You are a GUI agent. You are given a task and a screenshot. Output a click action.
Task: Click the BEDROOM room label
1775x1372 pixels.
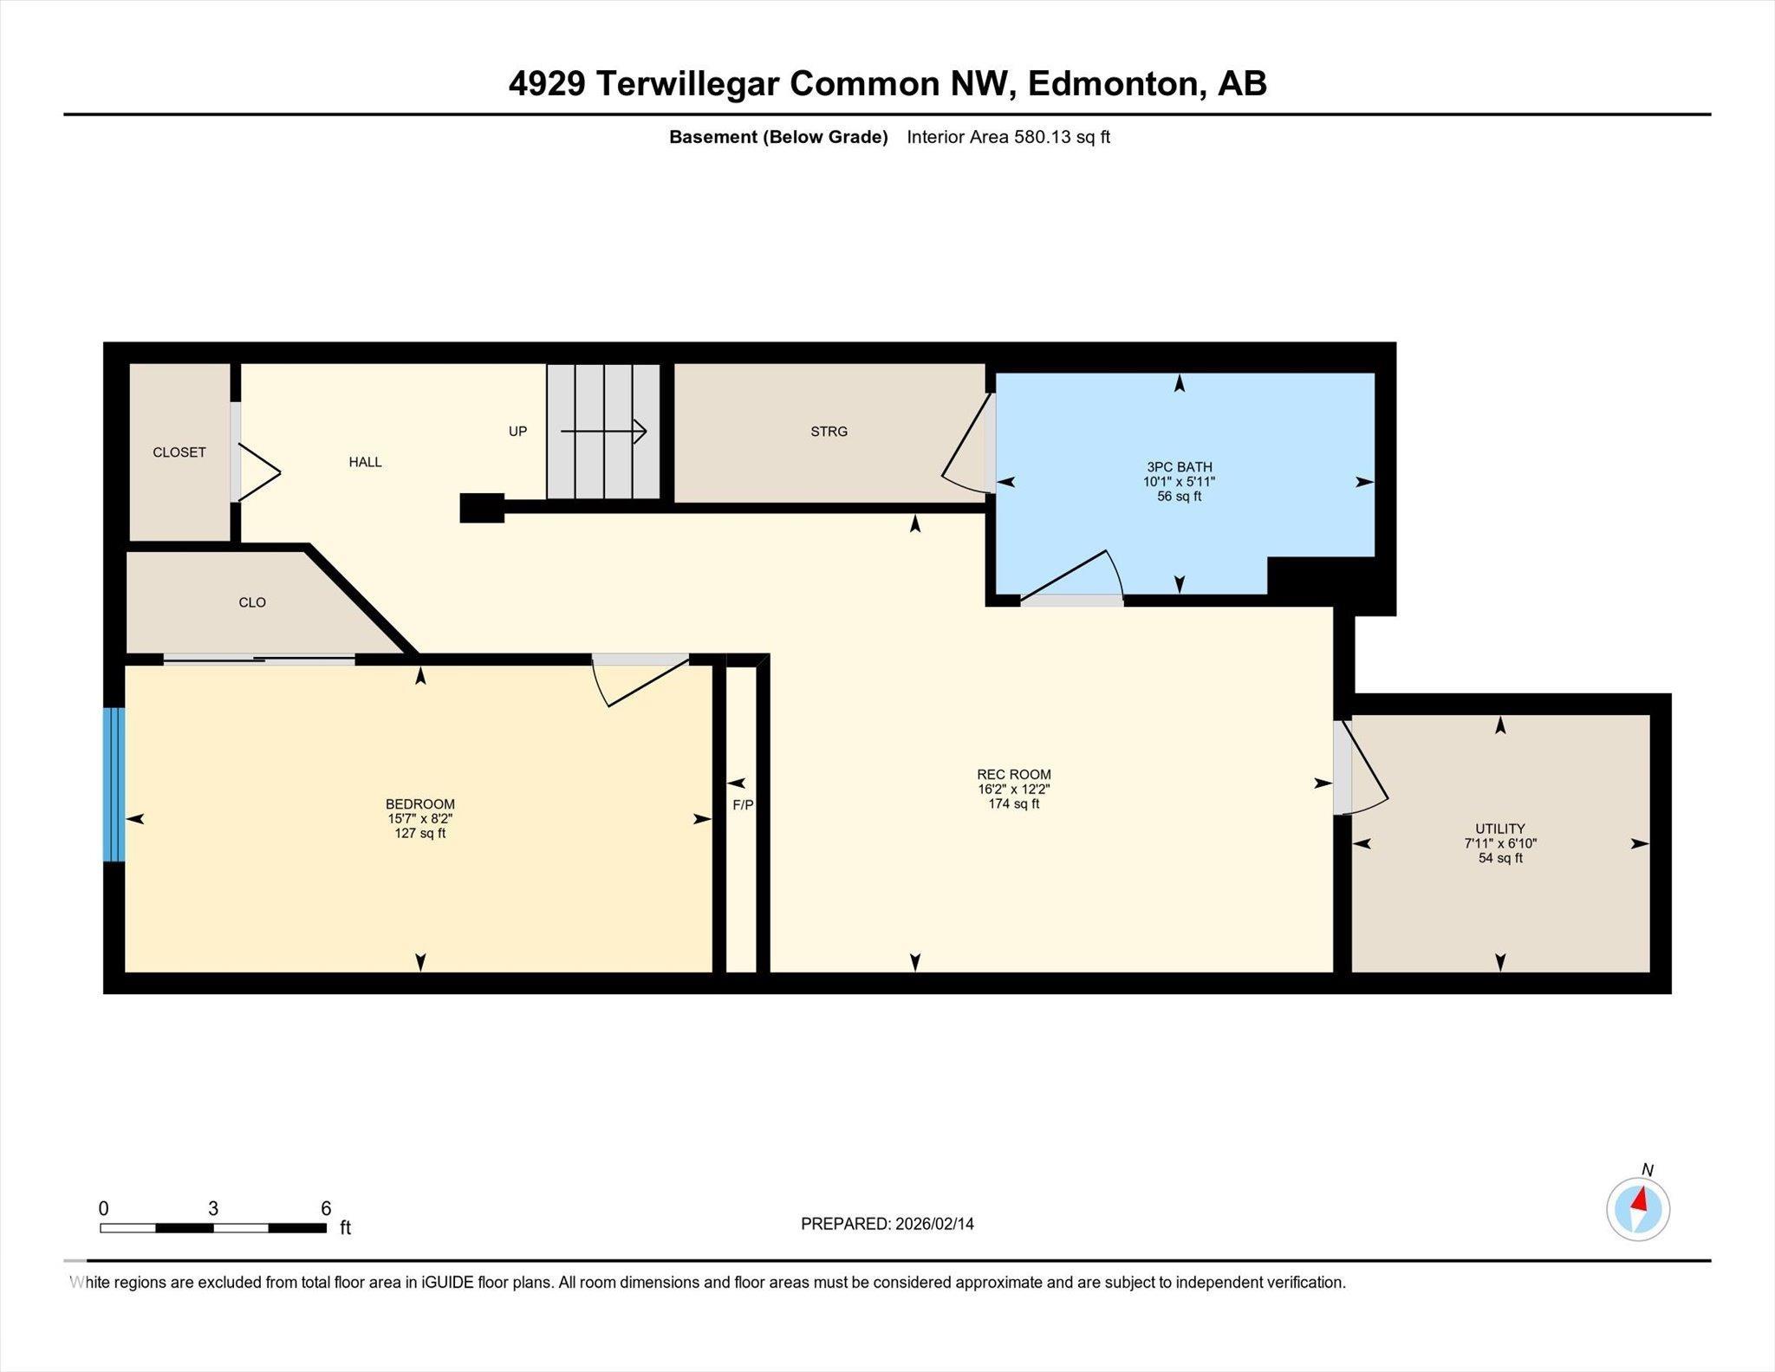click(419, 804)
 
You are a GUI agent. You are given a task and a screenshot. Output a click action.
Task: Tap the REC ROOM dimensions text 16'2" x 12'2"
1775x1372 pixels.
click(1013, 790)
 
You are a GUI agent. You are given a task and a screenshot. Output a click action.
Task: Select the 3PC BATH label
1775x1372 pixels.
click(1179, 467)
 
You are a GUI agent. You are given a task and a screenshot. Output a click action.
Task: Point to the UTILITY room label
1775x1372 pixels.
click(1499, 829)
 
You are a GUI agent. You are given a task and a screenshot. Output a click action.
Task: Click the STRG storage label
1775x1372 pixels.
click(829, 432)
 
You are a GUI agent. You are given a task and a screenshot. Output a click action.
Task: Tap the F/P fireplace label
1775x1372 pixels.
click(743, 805)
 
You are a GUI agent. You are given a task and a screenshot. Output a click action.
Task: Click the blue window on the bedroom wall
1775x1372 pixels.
click(114, 784)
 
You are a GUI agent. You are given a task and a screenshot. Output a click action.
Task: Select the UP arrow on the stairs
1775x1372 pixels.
click(604, 431)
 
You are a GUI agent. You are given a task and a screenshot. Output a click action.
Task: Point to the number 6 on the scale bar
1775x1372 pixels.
click(326, 1208)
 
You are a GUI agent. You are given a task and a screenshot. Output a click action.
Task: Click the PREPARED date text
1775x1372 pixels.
click(887, 1224)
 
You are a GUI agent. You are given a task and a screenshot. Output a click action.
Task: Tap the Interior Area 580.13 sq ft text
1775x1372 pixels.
click(1007, 137)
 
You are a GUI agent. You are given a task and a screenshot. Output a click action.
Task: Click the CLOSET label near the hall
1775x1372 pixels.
click(179, 452)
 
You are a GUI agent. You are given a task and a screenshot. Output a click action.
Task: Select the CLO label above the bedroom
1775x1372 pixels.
click(252, 602)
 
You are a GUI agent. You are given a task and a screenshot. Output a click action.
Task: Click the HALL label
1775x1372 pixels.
click(365, 462)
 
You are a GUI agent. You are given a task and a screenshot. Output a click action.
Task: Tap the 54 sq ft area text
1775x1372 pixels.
click(1499, 858)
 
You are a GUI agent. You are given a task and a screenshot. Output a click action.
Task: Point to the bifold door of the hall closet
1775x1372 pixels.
click(257, 472)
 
